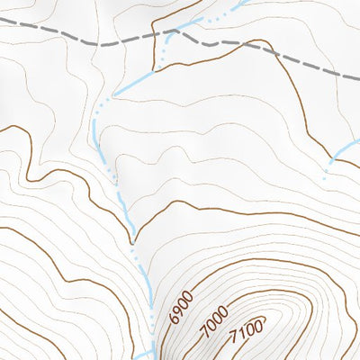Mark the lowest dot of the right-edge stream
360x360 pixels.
coord(325,177)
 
